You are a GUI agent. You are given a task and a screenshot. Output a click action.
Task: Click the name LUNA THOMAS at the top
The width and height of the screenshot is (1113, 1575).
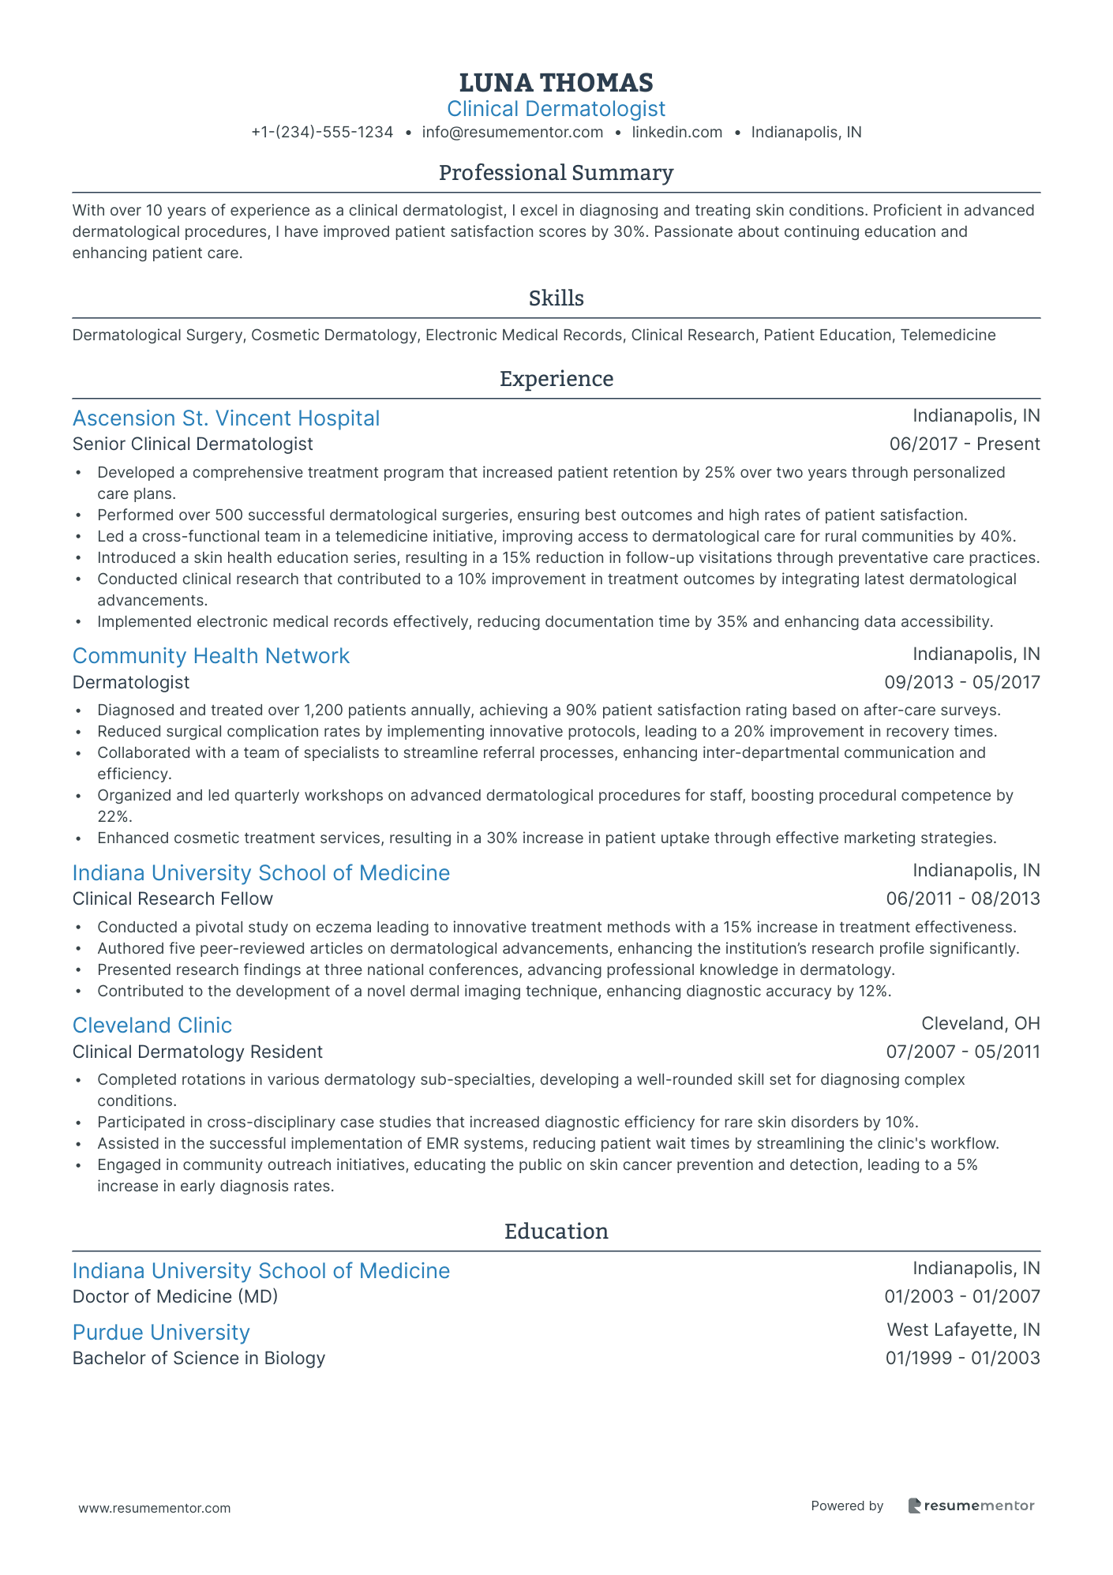point(556,82)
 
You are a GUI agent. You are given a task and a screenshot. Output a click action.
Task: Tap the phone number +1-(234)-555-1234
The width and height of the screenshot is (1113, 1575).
point(322,133)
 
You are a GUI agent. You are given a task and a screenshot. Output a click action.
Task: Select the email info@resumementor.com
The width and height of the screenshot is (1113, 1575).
point(512,133)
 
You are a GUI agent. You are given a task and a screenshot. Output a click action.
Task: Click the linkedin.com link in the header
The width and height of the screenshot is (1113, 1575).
point(677,133)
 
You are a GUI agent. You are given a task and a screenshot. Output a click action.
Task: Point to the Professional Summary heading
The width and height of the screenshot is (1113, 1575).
point(556,173)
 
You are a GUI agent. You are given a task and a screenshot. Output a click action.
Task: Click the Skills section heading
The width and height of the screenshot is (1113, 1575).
point(556,298)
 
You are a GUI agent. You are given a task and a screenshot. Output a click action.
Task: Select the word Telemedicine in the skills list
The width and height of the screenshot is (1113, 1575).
point(948,336)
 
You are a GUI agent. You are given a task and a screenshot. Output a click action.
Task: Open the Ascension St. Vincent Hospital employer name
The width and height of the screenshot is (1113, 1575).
point(226,418)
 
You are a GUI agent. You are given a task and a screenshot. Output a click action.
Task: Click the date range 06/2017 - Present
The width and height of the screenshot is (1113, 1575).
point(965,444)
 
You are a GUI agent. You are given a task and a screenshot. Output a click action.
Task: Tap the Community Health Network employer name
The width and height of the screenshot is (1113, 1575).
point(211,656)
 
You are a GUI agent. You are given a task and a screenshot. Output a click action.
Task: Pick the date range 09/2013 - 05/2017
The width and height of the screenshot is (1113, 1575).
point(962,682)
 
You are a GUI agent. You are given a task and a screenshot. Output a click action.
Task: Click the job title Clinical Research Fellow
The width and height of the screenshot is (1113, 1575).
point(172,899)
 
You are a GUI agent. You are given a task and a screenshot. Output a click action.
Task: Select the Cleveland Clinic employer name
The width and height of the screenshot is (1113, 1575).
point(152,1026)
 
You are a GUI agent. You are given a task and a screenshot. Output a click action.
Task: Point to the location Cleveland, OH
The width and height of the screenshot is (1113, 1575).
point(980,1024)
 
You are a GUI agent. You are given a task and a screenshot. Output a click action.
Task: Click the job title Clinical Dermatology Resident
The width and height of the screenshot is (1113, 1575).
point(197,1052)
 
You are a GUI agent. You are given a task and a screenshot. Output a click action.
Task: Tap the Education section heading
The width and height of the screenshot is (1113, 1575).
point(556,1232)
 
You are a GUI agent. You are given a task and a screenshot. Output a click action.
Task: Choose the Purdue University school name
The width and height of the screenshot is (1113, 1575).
point(161,1333)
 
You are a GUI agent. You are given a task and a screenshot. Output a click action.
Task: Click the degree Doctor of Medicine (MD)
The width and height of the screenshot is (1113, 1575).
point(175,1297)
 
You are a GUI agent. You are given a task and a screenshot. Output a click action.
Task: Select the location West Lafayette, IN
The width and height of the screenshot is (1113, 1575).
point(963,1330)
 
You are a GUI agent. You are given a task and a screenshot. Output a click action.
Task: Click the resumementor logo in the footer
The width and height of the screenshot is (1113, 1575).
point(971,1506)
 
